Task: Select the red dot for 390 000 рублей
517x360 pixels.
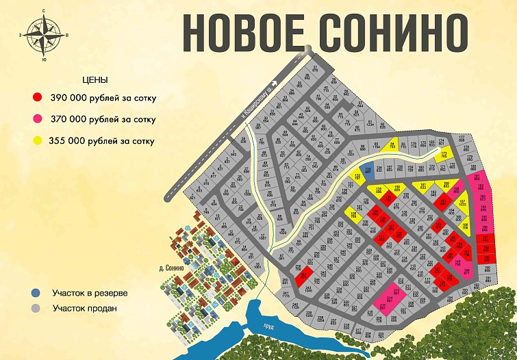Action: click(x=38, y=98)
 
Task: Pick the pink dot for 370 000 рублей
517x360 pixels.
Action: click(x=38, y=119)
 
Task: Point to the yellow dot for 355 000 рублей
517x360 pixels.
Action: click(x=38, y=140)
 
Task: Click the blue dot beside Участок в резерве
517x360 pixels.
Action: click(x=36, y=293)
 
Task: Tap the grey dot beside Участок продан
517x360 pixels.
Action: click(x=36, y=308)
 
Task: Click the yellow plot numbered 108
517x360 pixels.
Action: click(x=354, y=215)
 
